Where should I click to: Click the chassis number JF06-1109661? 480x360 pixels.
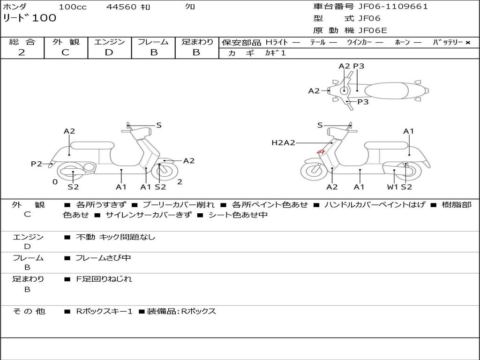point(393,7)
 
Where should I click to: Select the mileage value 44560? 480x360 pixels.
point(121,7)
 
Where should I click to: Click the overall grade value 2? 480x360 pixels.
point(22,52)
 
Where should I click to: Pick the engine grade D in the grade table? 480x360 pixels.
point(109,52)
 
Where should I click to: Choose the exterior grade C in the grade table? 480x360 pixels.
point(65,52)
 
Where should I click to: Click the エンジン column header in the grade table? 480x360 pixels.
point(109,42)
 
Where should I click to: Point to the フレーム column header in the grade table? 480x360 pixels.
point(153,42)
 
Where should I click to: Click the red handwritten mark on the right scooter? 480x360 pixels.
point(321,151)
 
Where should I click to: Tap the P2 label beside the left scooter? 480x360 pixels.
point(37,164)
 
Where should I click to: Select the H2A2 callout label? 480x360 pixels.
point(283,142)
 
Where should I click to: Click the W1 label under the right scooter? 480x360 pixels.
point(392,187)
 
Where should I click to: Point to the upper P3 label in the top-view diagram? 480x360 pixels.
point(359,66)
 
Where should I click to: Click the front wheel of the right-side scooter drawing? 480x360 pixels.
point(314,172)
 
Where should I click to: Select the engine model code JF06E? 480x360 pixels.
point(373,31)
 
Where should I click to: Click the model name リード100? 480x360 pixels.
point(30,18)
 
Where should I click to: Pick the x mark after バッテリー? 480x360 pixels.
point(467,42)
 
